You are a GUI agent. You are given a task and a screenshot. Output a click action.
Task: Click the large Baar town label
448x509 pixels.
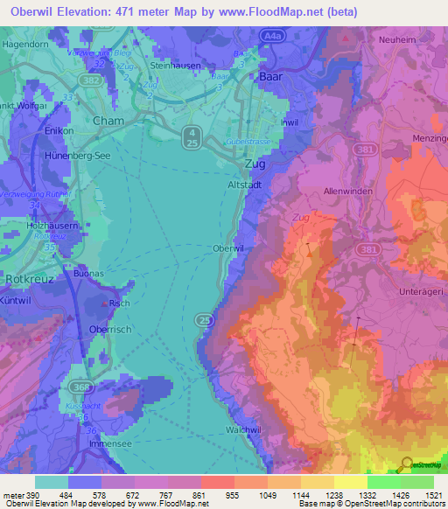tap(271, 78)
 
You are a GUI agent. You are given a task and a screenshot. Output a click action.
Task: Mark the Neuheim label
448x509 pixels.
tap(397, 39)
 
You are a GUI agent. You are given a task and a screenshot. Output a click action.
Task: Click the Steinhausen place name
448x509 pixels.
tap(176, 65)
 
